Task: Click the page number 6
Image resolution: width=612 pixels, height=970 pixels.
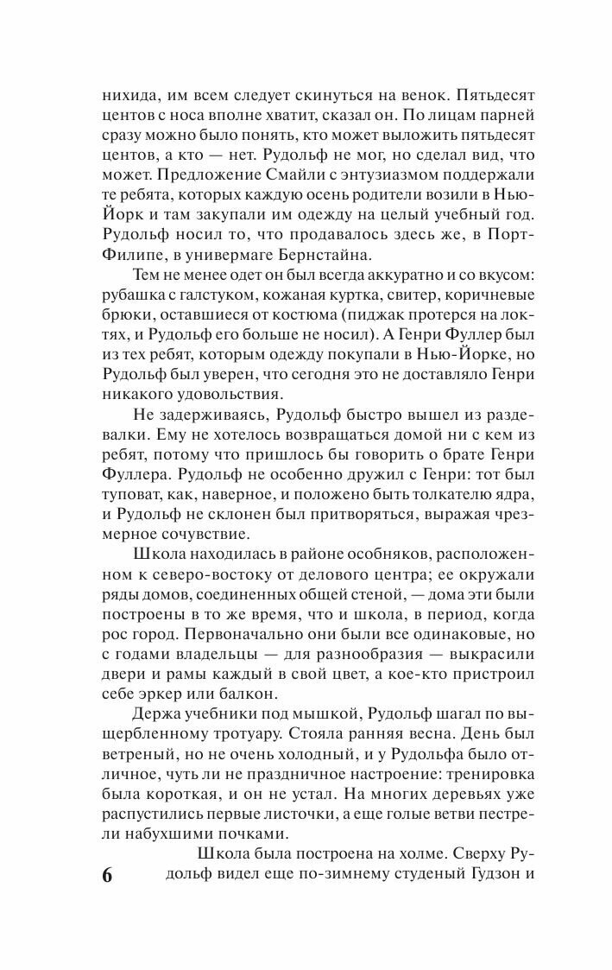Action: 107,875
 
